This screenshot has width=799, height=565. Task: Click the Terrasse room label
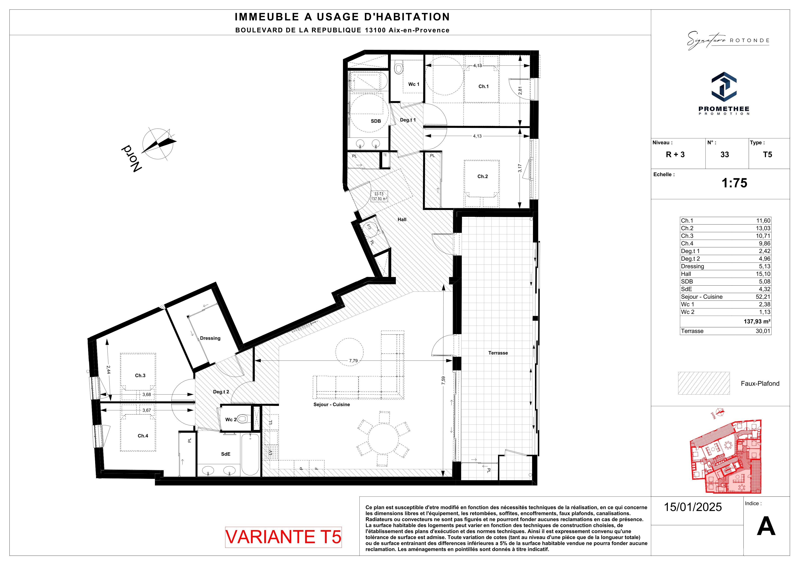(x=498, y=353)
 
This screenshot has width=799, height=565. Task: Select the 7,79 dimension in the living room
(x=353, y=361)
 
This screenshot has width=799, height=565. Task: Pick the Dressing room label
(x=210, y=338)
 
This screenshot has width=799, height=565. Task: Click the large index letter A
(x=766, y=527)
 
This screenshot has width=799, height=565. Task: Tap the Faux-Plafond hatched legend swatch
(x=704, y=383)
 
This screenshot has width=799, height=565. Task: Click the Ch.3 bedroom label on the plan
(x=140, y=375)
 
